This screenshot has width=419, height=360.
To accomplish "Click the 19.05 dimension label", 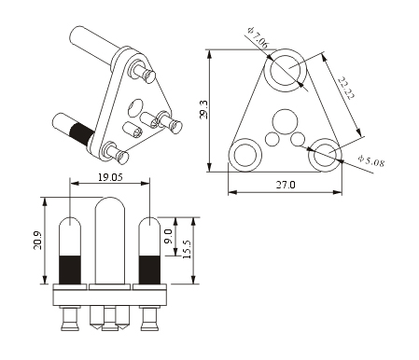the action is [x=110, y=177].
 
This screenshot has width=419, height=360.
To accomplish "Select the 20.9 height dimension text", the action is [x=38, y=241].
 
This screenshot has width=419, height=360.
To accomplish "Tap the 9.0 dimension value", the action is [x=168, y=236].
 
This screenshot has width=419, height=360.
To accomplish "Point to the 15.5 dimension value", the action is [x=187, y=249].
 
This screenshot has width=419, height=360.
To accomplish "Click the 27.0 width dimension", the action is [x=286, y=185].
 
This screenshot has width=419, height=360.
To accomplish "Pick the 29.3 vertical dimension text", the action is [x=203, y=109].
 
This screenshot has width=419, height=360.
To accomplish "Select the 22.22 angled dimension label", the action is [x=346, y=88].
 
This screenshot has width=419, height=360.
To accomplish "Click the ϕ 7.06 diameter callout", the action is [x=258, y=37].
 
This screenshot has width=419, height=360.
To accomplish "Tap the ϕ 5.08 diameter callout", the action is [x=370, y=160].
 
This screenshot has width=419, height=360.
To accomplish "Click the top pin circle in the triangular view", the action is [x=286, y=57].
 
